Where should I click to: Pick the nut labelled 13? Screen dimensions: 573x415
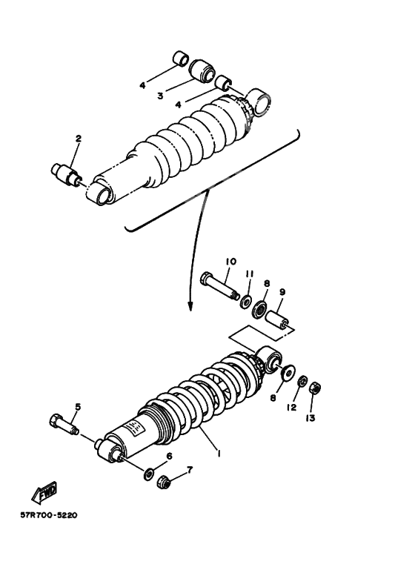pyautogui.click(x=313, y=387)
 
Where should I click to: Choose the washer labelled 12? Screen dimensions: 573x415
pyautogui.click(x=302, y=381)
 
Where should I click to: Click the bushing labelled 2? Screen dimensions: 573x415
pyautogui.click(x=65, y=174)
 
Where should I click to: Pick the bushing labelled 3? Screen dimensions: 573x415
pyautogui.click(x=201, y=70)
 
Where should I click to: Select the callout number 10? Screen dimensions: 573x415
pyautogui.click(x=230, y=261)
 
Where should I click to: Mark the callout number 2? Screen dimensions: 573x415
pyautogui.click(x=78, y=139)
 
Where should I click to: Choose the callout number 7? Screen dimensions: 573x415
pyautogui.click(x=190, y=470)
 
